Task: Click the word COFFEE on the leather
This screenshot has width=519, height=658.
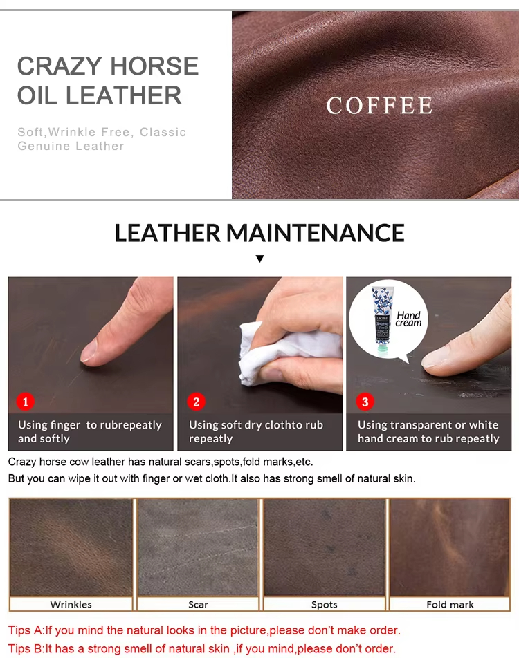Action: pos(379,105)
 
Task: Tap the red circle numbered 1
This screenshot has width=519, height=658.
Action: pos(25,402)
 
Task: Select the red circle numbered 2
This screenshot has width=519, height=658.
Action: pos(196,402)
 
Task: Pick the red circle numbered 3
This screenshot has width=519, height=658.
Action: pos(365,402)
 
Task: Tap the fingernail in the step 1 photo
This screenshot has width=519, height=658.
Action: pos(89,351)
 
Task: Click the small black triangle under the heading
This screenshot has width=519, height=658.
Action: pos(259,258)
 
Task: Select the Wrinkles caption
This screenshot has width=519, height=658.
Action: pos(71,604)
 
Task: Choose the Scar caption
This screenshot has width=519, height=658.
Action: pos(198,604)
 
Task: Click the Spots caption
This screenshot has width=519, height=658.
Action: pos(324,604)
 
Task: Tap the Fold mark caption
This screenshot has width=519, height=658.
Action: pos(450,604)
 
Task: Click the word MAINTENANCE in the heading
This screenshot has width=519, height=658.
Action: pos(315,233)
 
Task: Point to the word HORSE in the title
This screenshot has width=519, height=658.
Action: pos(154,66)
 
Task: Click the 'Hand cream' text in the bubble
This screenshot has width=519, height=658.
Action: pos(408,319)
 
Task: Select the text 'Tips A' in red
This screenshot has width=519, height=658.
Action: pos(25,630)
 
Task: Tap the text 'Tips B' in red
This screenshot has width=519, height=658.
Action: pos(25,649)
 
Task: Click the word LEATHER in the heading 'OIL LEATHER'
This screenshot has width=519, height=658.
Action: pos(124,95)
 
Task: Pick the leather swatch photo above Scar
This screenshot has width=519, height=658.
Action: pos(197,547)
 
